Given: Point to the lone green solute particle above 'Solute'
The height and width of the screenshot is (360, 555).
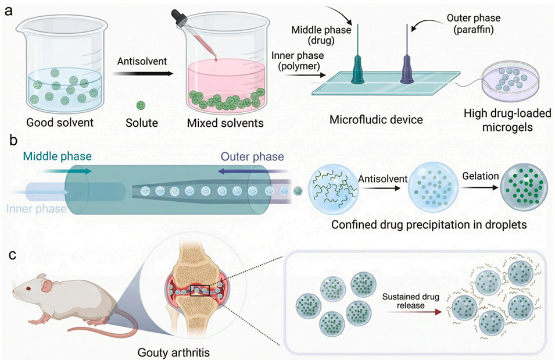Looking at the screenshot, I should pos(140,105).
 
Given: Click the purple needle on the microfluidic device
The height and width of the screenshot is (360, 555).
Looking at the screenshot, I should pos(404,58).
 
